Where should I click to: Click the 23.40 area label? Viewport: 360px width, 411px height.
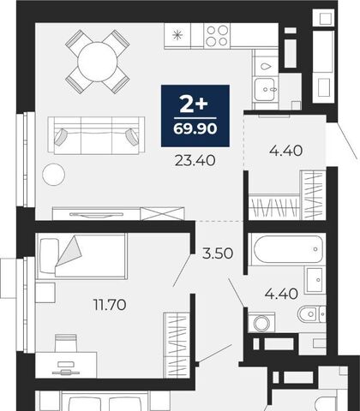(x=195, y=161)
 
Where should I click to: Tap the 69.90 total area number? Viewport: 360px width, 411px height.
(x=195, y=128)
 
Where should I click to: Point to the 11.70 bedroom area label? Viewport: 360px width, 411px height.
(x=110, y=305)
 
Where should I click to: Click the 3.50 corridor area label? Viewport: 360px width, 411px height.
(x=218, y=253)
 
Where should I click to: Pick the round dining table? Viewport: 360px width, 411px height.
(x=98, y=62)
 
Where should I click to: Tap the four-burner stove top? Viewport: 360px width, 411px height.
(x=217, y=35)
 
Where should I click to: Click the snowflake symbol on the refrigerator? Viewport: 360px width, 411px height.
(x=177, y=35)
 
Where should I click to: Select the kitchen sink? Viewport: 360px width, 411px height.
(x=266, y=89)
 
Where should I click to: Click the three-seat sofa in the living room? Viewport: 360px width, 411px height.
(x=97, y=135)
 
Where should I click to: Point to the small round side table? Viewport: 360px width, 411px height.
(x=53, y=175)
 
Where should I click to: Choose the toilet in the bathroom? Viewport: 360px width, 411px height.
(x=311, y=314)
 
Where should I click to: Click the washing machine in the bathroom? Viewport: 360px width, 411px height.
(x=261, y=323)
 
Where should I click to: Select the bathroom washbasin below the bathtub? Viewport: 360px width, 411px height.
(x=315, y=280)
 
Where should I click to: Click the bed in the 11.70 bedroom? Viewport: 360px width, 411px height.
(x=81, y=256)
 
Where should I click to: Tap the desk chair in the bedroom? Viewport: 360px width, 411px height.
(x=66, y=343)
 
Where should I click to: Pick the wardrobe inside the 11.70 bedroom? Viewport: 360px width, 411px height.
(x=177, y=345)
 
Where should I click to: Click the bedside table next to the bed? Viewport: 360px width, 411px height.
(x=45, y=293)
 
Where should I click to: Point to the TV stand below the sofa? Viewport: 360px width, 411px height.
(x=118, y=213)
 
